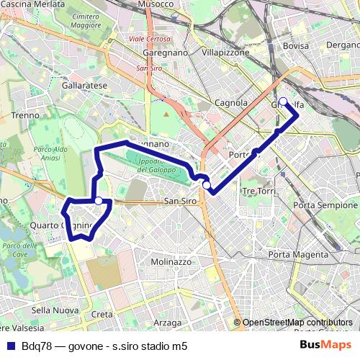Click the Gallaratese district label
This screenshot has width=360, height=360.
84,85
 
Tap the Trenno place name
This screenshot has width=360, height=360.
26,114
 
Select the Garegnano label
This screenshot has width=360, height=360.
165,53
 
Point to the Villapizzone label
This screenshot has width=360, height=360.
225,53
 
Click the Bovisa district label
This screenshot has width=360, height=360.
295,46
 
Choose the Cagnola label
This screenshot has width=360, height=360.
232,103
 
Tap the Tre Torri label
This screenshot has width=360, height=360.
259,191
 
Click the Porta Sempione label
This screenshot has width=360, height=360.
315,206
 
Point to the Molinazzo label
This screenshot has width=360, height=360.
172,262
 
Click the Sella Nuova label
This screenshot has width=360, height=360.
55,310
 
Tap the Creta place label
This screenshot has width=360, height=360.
102,315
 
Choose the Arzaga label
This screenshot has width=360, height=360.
167,323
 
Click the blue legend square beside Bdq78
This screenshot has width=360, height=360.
10,346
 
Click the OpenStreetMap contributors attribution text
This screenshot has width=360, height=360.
297,323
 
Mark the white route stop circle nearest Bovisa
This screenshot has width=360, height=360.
284,102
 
